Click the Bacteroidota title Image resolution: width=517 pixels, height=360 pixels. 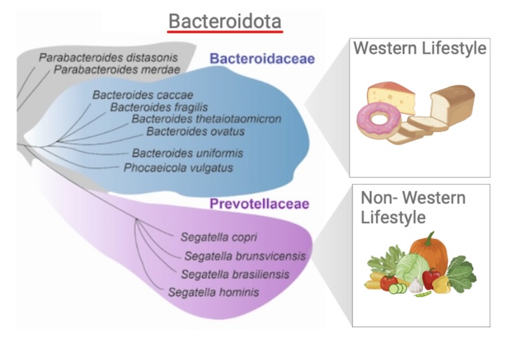225,21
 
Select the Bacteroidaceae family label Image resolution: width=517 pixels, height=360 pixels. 262,58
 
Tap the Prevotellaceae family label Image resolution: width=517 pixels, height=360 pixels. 259,203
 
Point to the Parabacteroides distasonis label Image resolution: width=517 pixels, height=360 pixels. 108,58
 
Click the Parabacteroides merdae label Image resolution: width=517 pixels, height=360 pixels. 117,69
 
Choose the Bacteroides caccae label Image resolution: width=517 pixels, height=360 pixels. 142,95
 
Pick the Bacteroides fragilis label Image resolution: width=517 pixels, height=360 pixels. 159,107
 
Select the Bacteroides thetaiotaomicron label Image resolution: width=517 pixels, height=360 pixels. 206,119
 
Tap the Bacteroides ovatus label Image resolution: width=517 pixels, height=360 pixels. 195,131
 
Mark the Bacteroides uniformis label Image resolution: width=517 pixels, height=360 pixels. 187,153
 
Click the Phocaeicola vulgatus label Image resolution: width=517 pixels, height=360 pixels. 178,168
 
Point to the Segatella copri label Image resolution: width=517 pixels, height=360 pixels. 219,237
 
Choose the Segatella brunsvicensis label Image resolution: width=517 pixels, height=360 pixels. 245,256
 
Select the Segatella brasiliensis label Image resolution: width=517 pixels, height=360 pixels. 235,274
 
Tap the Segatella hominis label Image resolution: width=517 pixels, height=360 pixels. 213,292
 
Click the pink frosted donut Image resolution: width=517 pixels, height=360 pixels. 379,120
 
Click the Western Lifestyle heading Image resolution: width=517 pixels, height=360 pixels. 420,48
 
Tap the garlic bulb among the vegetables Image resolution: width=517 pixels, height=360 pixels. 415,286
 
